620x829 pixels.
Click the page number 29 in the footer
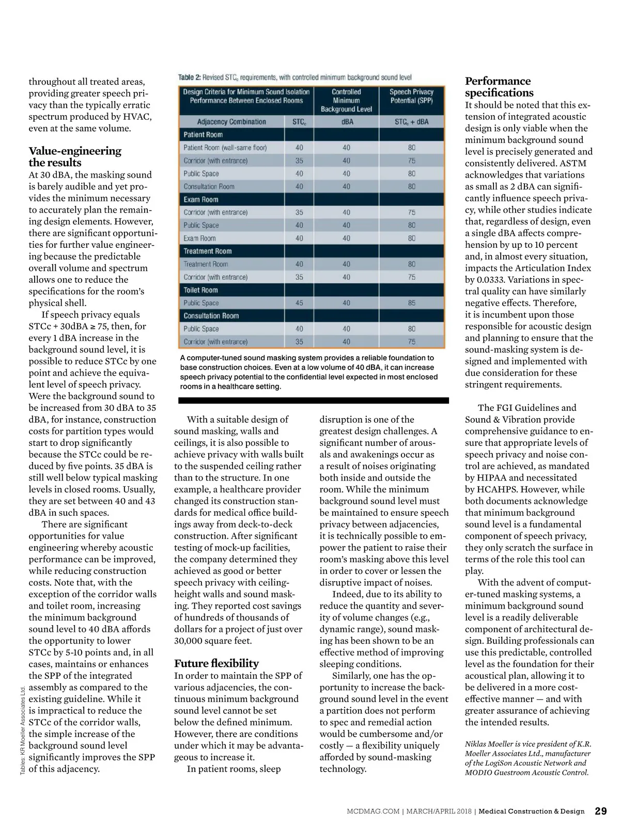pyautogui.click(x=601, y=811)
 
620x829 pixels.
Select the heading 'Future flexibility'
pyautogui.click(x=216, y=663)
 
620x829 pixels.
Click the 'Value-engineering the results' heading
pyautogui.click(x=75, y=156)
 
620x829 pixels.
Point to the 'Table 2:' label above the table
pyautogui.click(x=189, y=77)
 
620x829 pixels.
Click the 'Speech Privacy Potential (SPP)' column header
pyautogui.click(x=411, y=96)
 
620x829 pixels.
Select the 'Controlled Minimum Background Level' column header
pyautogui.click(x=346, y=100)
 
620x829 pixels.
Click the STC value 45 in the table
pyautogui.click(x=299, y=303)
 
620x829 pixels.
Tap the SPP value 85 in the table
pyautogui.click(x=411, y=303)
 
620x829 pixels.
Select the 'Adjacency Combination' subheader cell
pyautogui.click(x=231, y=122)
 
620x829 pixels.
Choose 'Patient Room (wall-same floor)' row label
pyautogui.click(x=225, y=148)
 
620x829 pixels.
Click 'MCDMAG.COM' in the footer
pyautogui.click(x=373, y=811)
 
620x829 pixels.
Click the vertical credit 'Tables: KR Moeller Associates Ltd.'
pyautogui.click(x=23, y=730)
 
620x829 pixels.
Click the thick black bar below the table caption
pyautogui.click(x=313, y=401)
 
